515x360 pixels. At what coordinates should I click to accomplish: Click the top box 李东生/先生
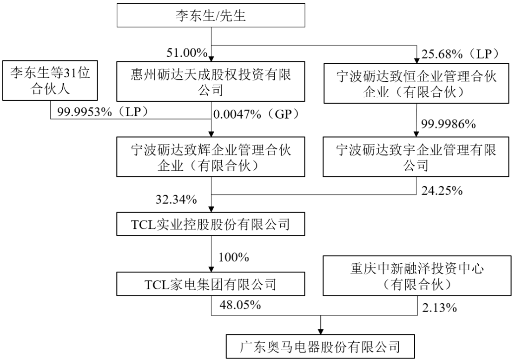[212, 16]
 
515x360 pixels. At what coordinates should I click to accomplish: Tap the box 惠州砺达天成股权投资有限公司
[212, 80]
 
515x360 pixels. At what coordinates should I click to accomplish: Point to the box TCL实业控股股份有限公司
[212, 225]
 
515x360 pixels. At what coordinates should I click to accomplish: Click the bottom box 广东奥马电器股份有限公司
[320, 346]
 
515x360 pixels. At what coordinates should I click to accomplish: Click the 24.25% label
[442, 189]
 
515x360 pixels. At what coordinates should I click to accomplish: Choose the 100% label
[234, 256]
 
